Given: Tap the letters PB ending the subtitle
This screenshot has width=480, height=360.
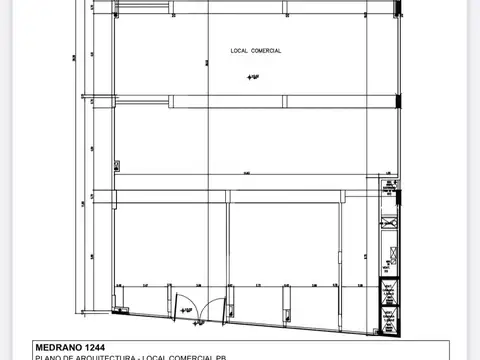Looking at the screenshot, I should [x=266, y=357].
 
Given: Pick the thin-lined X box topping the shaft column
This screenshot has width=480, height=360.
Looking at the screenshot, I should [x=387, y=181].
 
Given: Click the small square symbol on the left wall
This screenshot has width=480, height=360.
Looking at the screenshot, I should [x=114, y=165].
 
